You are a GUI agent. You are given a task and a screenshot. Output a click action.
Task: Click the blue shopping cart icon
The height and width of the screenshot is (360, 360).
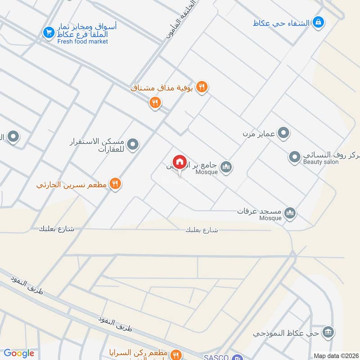48,32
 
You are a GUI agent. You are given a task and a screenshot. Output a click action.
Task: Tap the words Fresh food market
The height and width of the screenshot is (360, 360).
83,41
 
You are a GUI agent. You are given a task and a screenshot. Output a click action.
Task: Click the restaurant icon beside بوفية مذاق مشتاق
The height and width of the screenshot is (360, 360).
202,87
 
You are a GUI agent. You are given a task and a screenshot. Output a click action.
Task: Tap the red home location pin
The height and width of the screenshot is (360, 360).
179,162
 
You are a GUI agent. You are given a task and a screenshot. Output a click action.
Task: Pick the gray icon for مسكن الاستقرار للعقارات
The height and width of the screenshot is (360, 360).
132,144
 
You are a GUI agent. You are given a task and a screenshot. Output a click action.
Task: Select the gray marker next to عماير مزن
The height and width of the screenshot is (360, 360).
283,133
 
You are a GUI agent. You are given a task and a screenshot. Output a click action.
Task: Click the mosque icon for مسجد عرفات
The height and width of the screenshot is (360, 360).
290,213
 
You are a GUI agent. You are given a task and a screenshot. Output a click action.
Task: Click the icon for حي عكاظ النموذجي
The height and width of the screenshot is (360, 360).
328,332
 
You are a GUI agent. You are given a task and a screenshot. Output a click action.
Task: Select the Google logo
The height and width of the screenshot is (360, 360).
19,353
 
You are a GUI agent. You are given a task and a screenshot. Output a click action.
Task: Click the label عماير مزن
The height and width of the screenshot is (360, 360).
259,133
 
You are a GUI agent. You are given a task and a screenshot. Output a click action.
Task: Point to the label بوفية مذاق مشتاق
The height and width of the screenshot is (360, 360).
162,88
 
